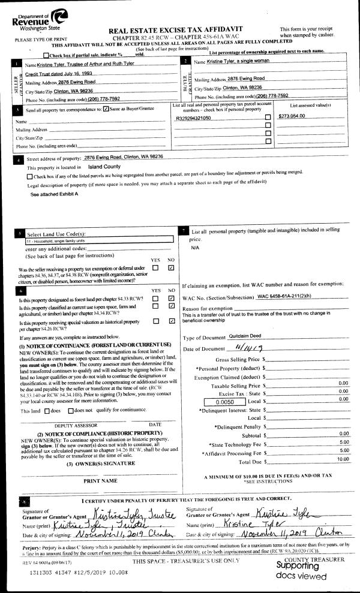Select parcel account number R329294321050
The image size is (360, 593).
(193, 118)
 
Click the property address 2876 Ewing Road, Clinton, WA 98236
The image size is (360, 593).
(124, 156)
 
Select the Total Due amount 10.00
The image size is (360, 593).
(341, 459)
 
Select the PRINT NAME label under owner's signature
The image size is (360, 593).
(99, 480)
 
